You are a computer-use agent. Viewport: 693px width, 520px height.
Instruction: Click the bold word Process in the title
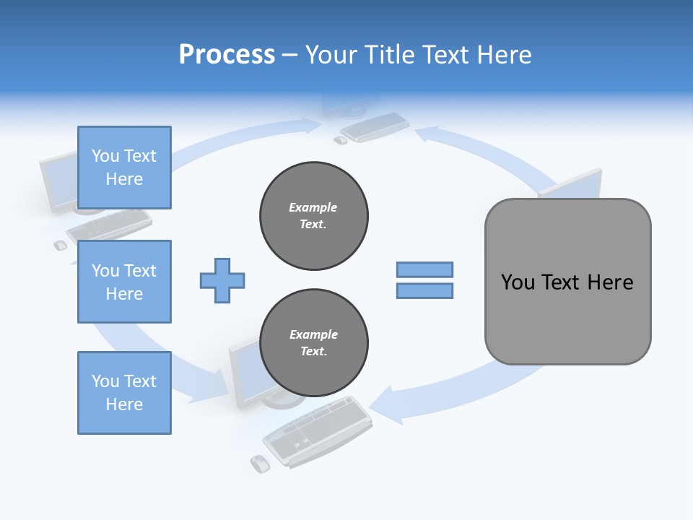pyautogui.click(x=227, y=54)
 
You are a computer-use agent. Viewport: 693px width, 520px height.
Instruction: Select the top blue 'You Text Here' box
pyautogui.click(x=124, y=168)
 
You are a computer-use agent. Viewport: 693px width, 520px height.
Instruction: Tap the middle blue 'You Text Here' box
pyautogui.click(x=124, y=282)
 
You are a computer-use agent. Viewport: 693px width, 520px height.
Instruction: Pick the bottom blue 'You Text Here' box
pyautogui.click(x=124, y=393)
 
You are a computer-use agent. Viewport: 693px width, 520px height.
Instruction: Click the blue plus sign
pyautogui.click(x=222, y=280)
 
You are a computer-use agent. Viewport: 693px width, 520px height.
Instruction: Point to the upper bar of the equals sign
pyautogui.click(x=424, y=269)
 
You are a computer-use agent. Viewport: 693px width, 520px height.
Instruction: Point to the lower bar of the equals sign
pyautogui.click(x=424, y=290)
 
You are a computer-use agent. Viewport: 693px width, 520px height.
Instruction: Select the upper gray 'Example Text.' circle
pyautogui.click(x=313, y=216)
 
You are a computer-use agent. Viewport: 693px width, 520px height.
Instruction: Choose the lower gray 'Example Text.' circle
pyautogui.click(x=313, y=343)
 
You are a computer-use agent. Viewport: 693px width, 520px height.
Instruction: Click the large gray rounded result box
pyautogui.click(x=567, y=282)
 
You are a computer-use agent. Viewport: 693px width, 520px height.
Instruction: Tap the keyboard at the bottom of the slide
pyautogui.click(x=318, y=430)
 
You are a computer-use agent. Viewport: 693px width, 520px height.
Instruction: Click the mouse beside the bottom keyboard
pyautogui.click(x=259, y=463)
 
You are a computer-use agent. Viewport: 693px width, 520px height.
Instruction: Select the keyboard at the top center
pyautogui.click(x=375, y=126)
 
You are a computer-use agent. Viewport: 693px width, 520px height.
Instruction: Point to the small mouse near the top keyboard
pyautogui.click(x=340, y=140)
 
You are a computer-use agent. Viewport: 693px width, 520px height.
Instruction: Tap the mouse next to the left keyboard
pyautogui.click(x=60, y=246)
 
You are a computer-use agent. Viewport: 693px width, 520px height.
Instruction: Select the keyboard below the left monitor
pyautogui.click(x=108, y=225)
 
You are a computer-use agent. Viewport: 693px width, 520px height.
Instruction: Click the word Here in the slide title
pyautogui.click(x=505, y=54)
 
